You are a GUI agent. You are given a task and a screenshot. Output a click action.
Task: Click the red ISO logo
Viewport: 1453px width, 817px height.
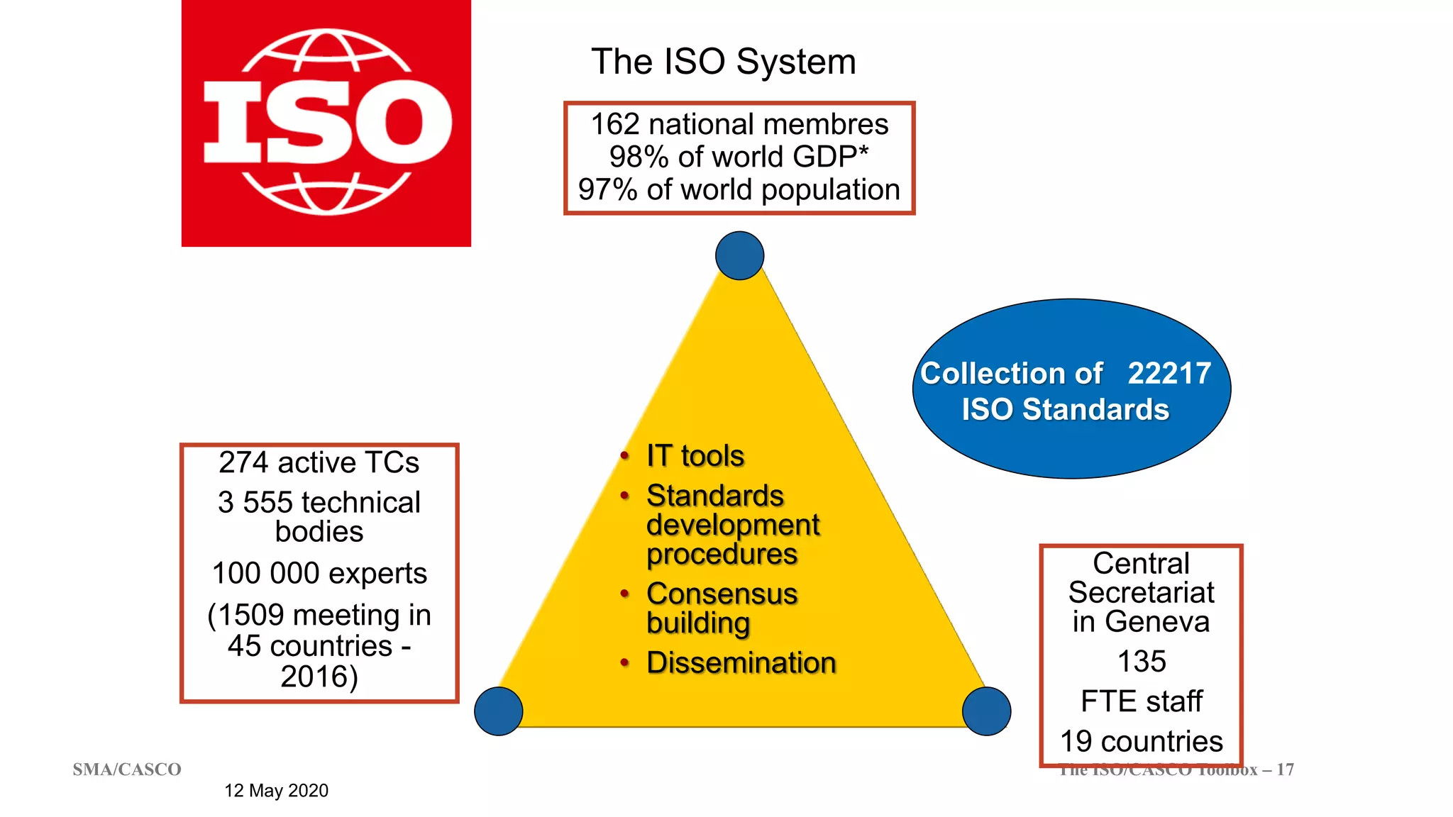point(326,123)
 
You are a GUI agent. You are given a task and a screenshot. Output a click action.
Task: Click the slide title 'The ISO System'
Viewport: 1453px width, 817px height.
point(724,62)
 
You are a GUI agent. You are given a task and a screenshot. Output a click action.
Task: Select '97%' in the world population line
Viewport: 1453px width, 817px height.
point(607,190)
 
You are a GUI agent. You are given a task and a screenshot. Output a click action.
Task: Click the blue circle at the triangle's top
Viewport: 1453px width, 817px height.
point(739,255)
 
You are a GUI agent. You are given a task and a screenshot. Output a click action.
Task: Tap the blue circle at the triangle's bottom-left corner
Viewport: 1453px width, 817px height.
point(499,711)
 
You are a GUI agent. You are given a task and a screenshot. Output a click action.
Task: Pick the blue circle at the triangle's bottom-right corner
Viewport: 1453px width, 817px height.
point(986,711)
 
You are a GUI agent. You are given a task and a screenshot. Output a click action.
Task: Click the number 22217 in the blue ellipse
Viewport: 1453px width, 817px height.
point(1169,373)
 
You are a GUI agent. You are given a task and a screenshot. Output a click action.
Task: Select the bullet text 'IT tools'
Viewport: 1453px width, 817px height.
point(695,456)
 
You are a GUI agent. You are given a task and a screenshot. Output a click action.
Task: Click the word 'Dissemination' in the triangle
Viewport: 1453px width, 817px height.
point(741,663)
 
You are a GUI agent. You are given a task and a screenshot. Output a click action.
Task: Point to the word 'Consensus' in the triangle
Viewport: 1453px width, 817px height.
point(722,594)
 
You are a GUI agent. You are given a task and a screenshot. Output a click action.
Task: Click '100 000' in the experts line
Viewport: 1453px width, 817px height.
point(265,573)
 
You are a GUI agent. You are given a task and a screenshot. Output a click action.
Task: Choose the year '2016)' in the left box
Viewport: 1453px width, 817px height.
point(319,677)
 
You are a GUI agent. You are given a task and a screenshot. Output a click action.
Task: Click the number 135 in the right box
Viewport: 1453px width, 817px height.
point(1142,662)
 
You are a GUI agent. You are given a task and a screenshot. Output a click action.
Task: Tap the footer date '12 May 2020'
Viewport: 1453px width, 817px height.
point(277,791)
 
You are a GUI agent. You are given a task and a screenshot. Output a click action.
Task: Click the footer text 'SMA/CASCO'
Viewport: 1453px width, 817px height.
point(127,769)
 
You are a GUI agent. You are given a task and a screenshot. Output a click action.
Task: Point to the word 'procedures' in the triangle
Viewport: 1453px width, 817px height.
point(722,555)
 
